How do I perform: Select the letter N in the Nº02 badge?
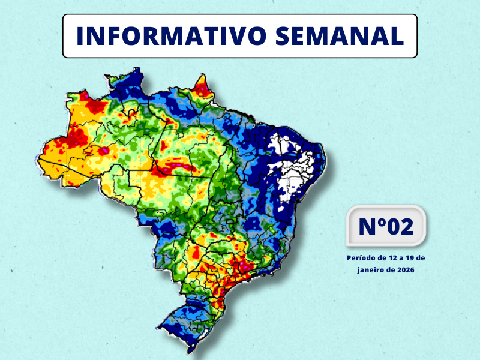pos(367,227)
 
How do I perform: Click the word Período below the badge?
pos(362,258)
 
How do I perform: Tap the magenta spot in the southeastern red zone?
pos(245,262)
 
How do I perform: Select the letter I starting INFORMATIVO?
pos(80,36)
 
